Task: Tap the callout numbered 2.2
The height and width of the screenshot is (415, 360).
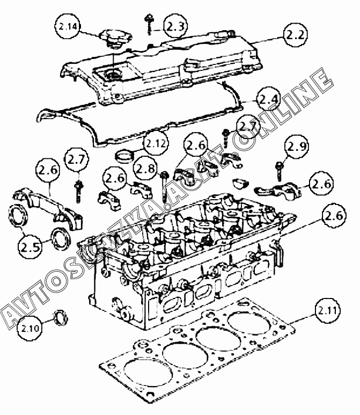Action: [295, 36]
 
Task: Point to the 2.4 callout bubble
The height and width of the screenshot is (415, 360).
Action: [268, 100]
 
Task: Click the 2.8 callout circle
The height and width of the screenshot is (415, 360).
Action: [145, 168]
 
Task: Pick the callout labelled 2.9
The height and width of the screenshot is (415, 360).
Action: [296, 146]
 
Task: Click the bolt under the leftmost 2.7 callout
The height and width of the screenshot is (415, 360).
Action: [78, 190]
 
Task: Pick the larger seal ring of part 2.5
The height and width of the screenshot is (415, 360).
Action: [19, 217]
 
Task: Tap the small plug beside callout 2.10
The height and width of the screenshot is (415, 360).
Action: [61, 317]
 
